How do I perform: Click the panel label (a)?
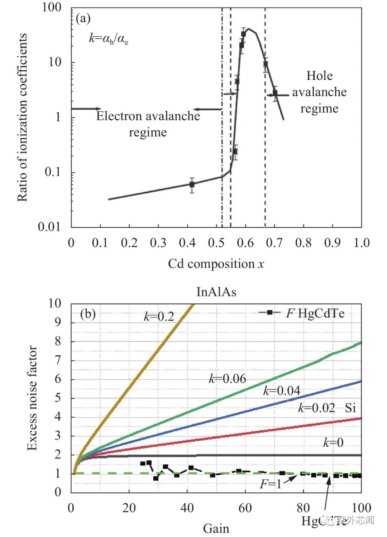click(x=83, y=19)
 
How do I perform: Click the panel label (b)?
click(x=88, y=314)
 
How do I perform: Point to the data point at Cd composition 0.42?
click(x=192, y=184)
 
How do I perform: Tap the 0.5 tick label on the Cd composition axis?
click(x=216, y=243)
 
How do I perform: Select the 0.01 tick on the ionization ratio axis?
click(x=49, y=226)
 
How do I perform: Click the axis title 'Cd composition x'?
click(x=216, y=264)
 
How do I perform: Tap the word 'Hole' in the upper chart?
click(x=319, y=76)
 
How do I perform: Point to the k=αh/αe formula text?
click(x=109, y=38)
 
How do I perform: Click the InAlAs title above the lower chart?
click(x=216, y=292)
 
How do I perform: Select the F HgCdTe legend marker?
click(x=269, y=312)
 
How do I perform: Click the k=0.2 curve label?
click(x=159, y=316)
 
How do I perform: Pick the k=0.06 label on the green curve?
click(x=228, y=379)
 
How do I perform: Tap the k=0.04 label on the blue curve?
click(x=282, y=390)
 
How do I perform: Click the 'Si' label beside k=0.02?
click(x=350, y=408)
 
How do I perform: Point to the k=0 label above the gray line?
click(x=333, y=443)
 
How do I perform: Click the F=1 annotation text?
click(x=271, y=484)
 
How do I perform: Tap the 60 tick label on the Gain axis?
click(x=245, y=508)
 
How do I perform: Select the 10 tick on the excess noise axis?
click(x=55, y=303)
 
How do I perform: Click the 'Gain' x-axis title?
click(x=216, y=528)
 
